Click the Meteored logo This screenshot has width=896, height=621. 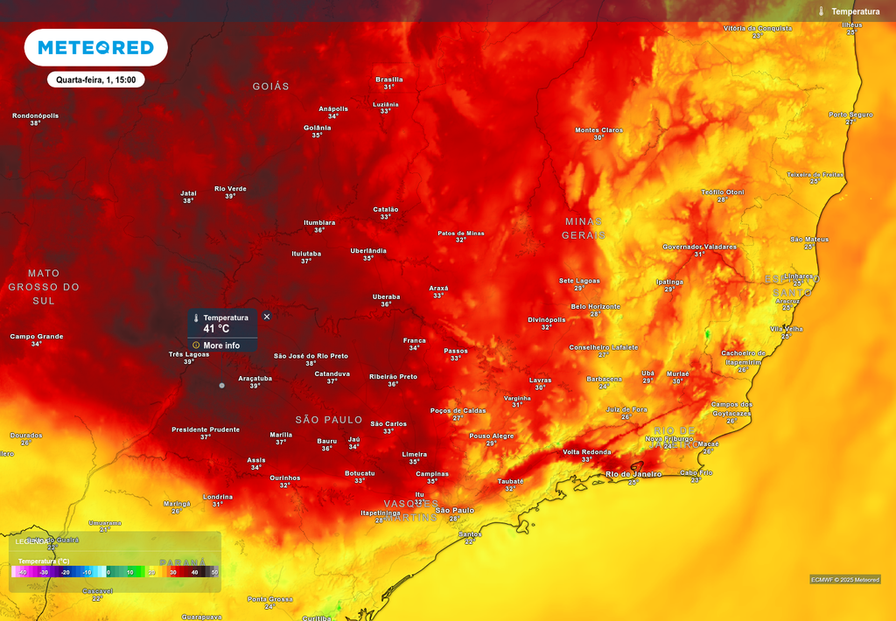tap(95, 47)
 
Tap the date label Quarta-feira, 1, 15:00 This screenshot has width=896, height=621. tap(95, 80)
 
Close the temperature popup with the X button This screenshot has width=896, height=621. tap(267, 317)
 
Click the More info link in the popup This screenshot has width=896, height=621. tap(220, 345)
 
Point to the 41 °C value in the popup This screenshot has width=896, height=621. tap(216, 329)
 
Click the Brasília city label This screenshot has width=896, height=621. tap(388, 80)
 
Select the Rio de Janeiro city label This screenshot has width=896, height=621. tap(634, 474)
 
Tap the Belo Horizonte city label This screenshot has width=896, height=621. tap(595, 307)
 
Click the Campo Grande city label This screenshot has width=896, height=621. tap(37, 337)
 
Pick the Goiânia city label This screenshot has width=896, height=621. tap(317, 128)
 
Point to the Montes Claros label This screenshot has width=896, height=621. tap(598, 130)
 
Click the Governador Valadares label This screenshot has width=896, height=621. tap(699, 247)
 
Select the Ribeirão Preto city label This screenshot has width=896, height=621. tap(393, 377)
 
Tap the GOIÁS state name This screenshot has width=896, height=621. tap(270, 87)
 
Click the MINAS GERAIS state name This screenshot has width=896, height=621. tap(584, 228)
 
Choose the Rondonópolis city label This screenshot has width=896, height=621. tap(36, 115)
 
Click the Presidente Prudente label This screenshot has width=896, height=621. tap(205, 429)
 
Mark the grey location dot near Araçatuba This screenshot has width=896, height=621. tap(221, 385)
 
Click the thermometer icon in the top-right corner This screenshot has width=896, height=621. tap(822, 11)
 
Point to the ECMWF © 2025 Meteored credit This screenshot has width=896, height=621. tap(844, 579)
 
